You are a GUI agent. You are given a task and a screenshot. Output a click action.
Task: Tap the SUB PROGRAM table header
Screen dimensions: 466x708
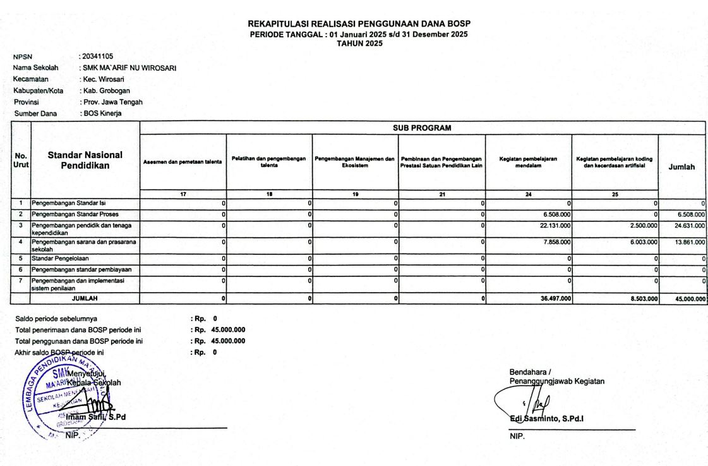(422, 128)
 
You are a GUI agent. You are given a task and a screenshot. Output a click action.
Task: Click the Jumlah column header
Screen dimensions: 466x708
(681, 167)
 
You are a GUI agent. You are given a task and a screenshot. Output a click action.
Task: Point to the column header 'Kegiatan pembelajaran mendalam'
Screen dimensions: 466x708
(528, 161)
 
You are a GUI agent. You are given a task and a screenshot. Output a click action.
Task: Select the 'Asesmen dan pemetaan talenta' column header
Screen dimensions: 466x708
(183, 162)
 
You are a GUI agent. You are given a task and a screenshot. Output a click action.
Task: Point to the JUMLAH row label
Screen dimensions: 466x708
(85, 298)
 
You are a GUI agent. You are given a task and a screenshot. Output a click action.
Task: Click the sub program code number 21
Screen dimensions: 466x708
(441, 195)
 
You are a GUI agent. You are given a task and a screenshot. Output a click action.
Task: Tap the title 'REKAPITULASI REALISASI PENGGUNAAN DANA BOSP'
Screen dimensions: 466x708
(359, 24)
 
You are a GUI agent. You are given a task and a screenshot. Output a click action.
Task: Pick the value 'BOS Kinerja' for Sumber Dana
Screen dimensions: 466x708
(102, 114)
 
